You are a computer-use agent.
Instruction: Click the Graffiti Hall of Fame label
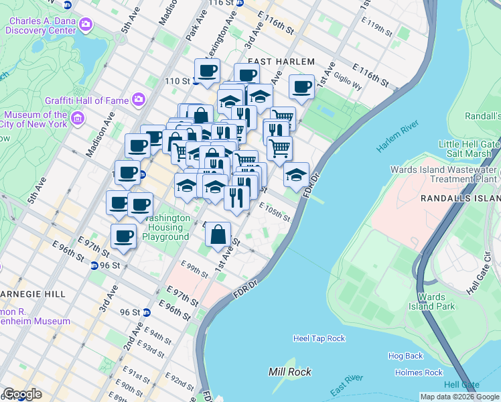86,100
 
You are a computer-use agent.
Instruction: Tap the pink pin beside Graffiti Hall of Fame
139,100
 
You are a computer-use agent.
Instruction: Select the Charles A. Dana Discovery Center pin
86,25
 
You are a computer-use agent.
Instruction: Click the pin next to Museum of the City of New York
77,119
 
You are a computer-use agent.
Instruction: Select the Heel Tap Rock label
319,338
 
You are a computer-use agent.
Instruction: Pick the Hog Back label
405,356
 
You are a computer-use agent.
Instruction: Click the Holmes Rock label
419,373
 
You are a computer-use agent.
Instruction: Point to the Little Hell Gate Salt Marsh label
468,149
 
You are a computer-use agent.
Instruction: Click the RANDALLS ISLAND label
459,199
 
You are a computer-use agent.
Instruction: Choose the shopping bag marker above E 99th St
218,235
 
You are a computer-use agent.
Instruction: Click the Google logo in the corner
22,394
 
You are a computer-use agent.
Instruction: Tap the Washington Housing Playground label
165,227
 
